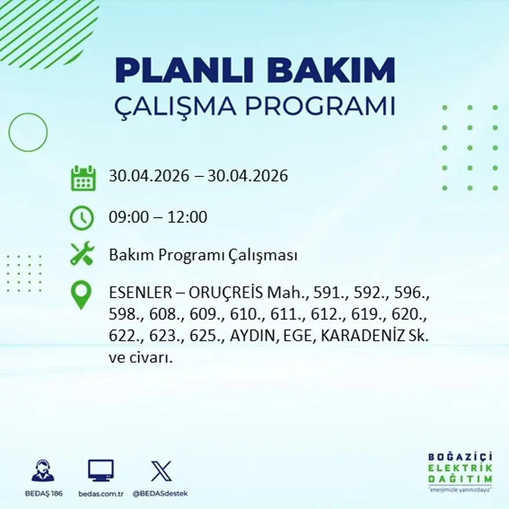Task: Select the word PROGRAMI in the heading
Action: coord(320,106)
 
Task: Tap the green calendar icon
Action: coord(83,178)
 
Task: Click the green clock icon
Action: coord(82,218)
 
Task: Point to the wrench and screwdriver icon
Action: coord(82,253)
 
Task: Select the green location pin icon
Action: coord(81,295)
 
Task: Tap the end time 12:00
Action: coord(187,217)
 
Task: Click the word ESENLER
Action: coord(141,293)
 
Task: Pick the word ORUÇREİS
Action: coord(226,292)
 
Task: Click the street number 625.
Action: coord(205,336)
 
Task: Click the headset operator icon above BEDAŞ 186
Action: coord(43,470)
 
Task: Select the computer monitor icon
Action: coord(101,470)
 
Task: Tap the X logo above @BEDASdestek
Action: coord(161,471)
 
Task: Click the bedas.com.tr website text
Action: coord(101,494)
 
